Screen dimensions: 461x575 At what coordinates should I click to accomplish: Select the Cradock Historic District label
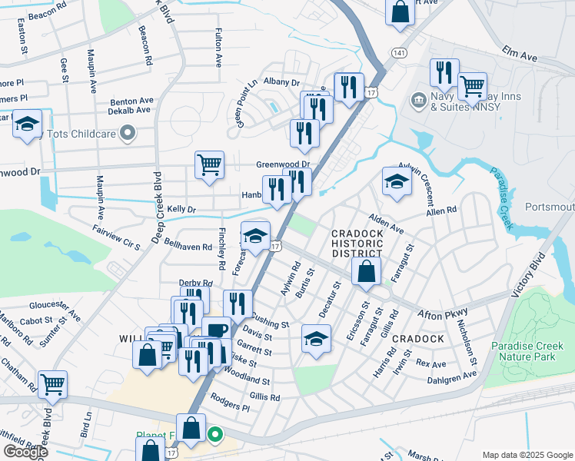(357, 243)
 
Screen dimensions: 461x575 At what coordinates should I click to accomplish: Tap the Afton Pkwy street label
(442, 313)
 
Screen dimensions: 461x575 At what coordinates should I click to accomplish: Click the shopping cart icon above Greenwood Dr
(209, 164)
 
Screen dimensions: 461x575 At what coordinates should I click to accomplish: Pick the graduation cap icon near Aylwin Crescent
(397, 181)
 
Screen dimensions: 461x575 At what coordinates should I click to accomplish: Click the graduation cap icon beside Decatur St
(316, 338)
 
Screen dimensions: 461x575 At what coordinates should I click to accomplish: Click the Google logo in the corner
(25, 452)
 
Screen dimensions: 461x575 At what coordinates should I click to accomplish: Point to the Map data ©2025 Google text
(527, 455)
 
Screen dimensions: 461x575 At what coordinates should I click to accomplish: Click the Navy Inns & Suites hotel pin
(418, 99)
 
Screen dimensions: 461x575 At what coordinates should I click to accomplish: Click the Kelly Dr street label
(182, 209)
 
